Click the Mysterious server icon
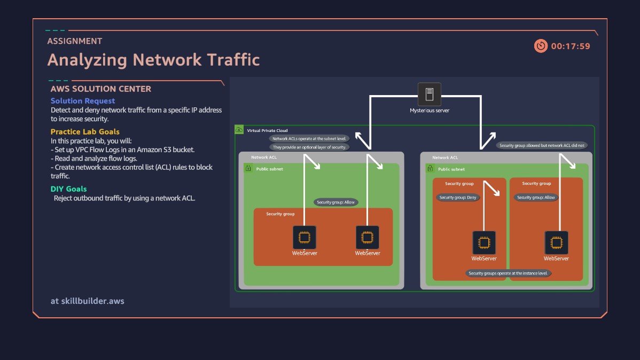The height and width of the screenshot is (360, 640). tap(429, 95)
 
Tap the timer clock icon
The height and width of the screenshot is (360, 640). tap(541, 46)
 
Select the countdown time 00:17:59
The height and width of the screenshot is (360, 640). tap(571, 46)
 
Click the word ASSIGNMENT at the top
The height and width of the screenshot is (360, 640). tap(74, 41)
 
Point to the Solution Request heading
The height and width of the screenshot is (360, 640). tap(83, 100)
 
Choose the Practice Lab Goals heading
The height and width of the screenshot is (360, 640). tap(85, 131)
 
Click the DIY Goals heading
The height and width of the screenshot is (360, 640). tap(68, 189)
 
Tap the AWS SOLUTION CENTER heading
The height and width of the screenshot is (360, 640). tap(101, 89)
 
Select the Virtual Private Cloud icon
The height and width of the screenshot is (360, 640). tap(239, 130)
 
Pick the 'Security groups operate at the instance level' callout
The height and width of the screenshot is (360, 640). tap(508, 273)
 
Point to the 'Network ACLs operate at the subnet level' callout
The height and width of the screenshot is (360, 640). tap(309, 138)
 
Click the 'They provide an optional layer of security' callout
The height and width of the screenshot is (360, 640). tap(309, 147)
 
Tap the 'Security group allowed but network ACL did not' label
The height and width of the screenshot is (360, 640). tap(542, 145)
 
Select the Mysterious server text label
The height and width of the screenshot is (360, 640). tap(430, 111)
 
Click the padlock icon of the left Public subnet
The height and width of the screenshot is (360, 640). tap(248, 168)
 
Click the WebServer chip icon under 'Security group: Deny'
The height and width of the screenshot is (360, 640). tap(483, 242)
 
